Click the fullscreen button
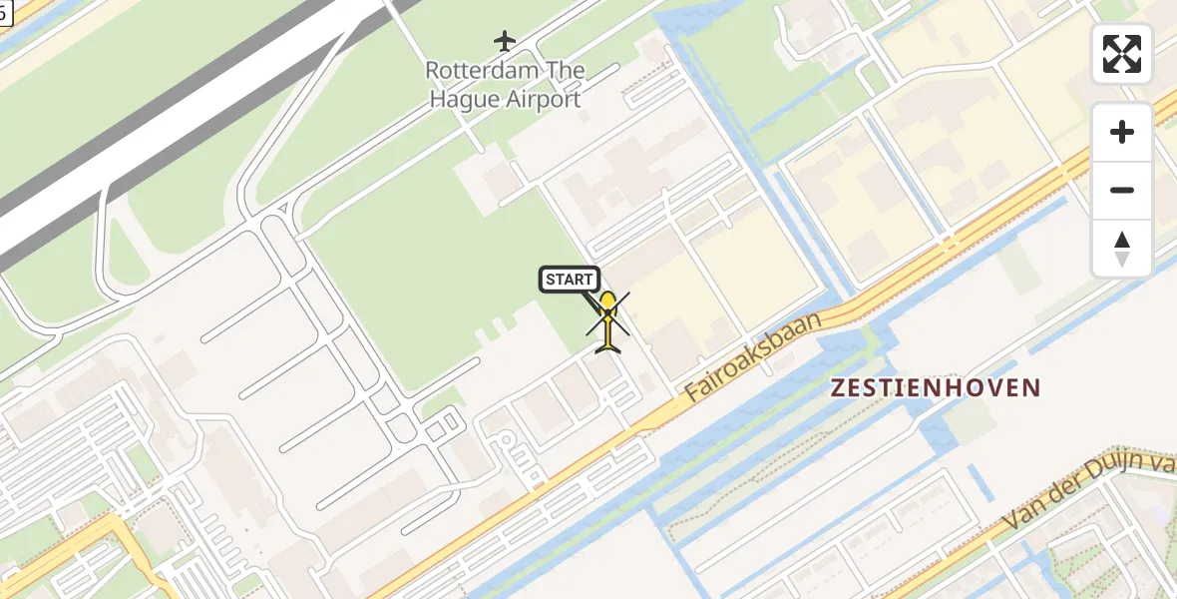click(1122, 54)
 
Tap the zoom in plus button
click(1122, 132)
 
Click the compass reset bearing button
click(1122, 249)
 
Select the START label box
click(570, 280)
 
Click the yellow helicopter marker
click(607, 321)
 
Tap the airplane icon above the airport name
click(506, 41)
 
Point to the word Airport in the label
click(545, 100)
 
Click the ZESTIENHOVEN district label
click(937, 387)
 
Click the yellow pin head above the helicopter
click(607, 300)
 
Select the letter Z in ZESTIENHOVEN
click(839, 387)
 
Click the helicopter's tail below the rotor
click(607, 344)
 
